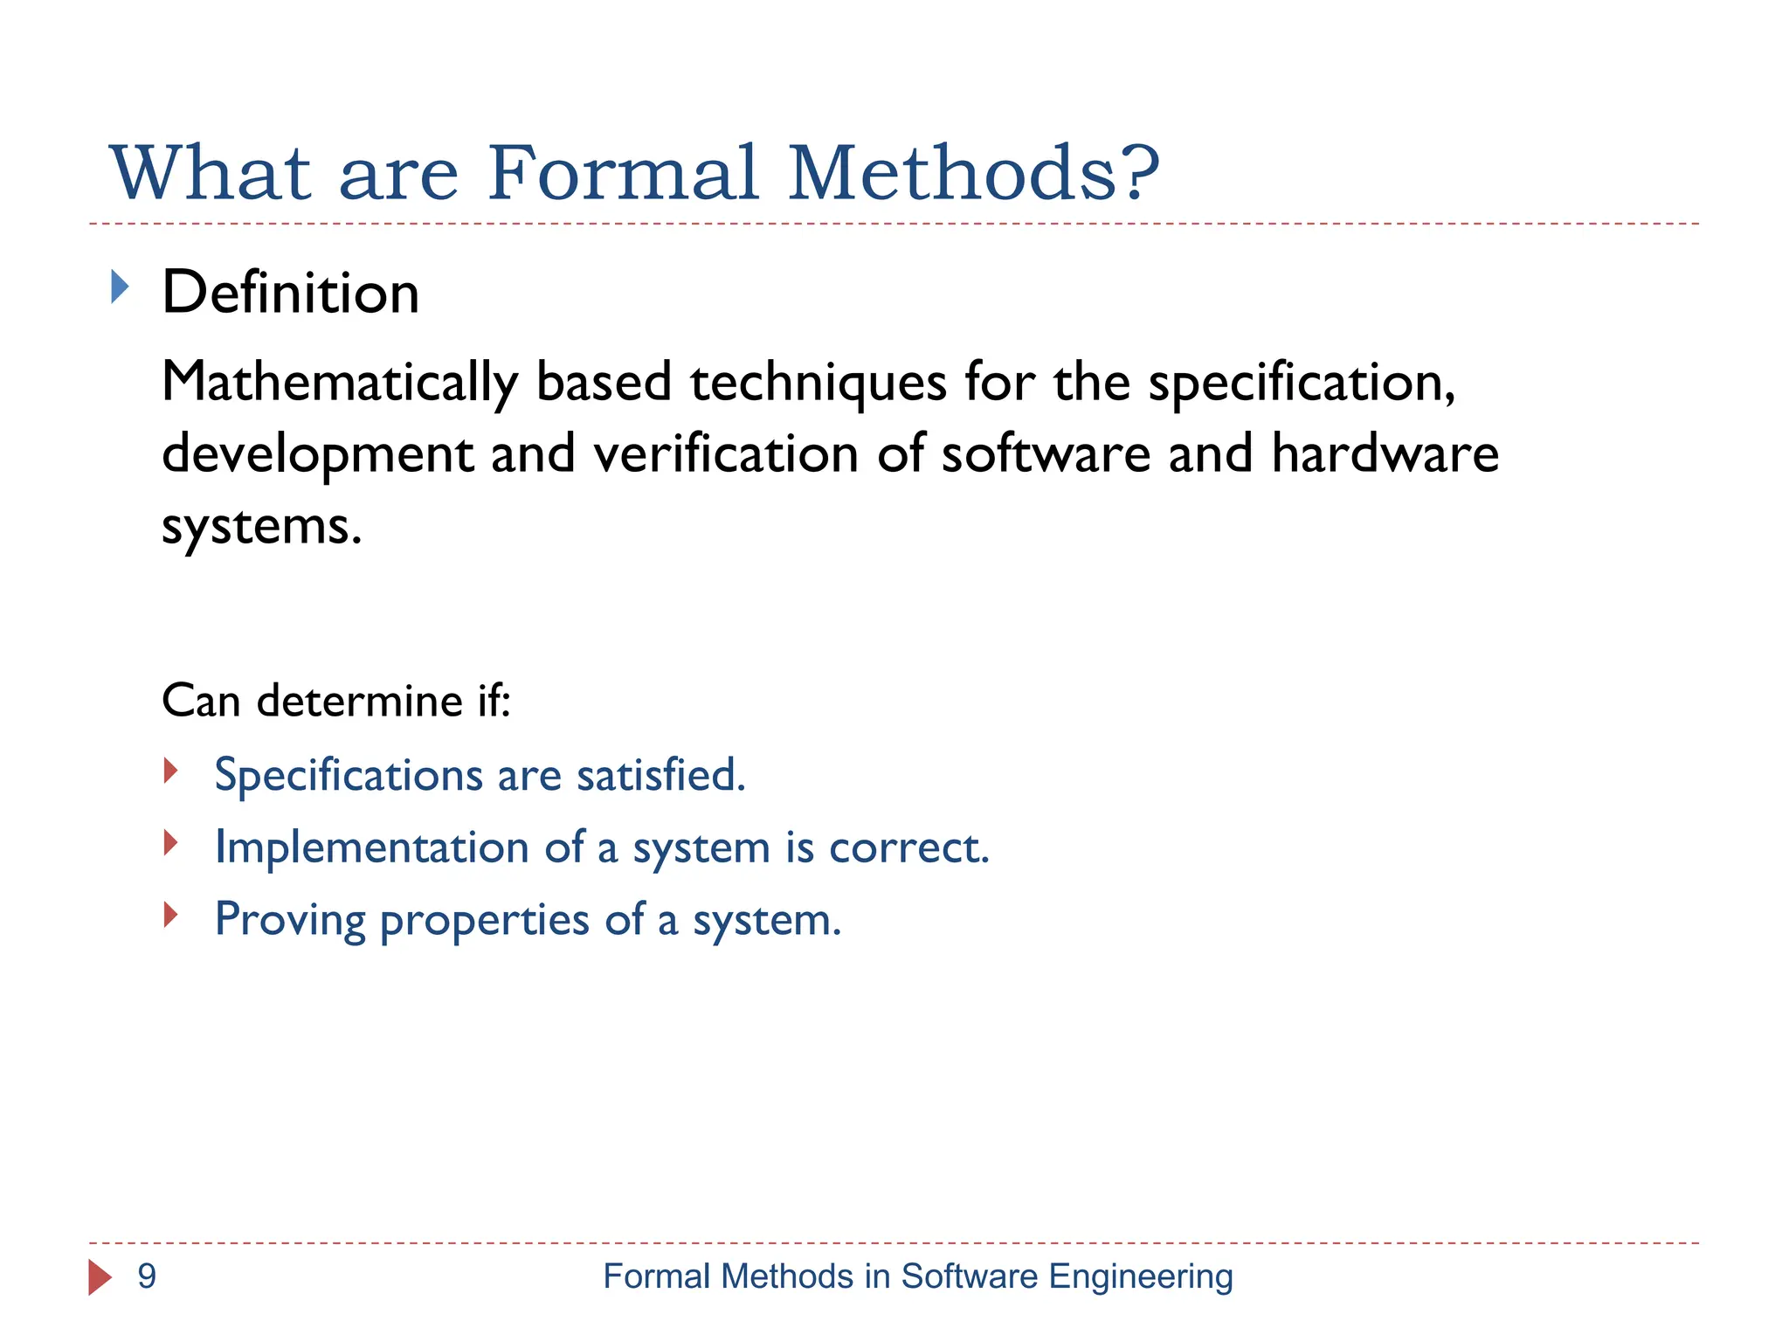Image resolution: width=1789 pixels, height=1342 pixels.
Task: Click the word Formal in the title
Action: tap(623, 173)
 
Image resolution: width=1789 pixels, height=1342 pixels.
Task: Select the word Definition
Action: tap(290, 293)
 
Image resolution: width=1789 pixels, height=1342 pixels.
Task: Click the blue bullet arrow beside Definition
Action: tap(121, 287)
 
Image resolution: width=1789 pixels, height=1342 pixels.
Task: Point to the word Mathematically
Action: tap(340, 384)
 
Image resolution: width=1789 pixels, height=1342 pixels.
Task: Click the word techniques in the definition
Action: tap(818, 384)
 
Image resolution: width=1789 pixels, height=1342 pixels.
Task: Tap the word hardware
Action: tap(1385, 454)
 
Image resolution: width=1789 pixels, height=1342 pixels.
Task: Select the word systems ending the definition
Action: tap(260, 527)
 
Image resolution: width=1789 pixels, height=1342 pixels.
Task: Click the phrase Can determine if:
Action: tap(336, 701)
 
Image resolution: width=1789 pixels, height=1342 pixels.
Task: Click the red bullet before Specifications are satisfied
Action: tap(171, 771)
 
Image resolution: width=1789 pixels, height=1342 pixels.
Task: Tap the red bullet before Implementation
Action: tap(171, 843)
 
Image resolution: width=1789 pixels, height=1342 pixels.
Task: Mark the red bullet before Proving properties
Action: tap(171, 916)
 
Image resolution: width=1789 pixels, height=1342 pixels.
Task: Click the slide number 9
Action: tap(147, 1276)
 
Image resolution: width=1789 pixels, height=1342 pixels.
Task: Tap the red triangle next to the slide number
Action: tap(100, 1277)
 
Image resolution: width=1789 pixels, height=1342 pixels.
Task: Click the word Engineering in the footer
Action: tap(1140, 1277)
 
